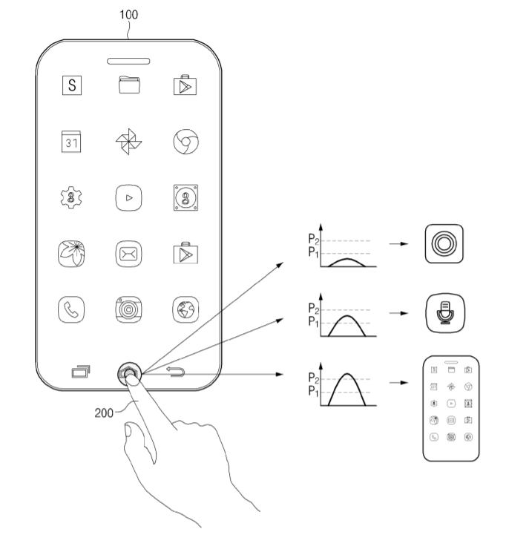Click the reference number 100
(128, 14)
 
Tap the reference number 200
(104, 413)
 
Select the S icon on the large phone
(72, 85)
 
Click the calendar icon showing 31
(71, 142)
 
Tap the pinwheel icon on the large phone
(128, 142)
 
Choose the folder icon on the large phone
(129, 85)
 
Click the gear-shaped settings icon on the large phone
(71, 197)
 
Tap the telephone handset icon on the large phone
(71, 309)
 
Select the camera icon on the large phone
(128, 309)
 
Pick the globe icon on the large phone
(185, 309)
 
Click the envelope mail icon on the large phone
(128, 254)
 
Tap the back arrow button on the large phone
(175, 372)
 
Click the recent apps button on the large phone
(81, 372)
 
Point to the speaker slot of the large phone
(128, 62)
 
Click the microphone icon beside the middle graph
(445, 313)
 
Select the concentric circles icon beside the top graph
(444, 243)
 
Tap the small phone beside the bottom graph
(450, 408)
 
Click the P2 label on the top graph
(313, 239)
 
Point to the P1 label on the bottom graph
(313, 391)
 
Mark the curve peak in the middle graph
(346, 316)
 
